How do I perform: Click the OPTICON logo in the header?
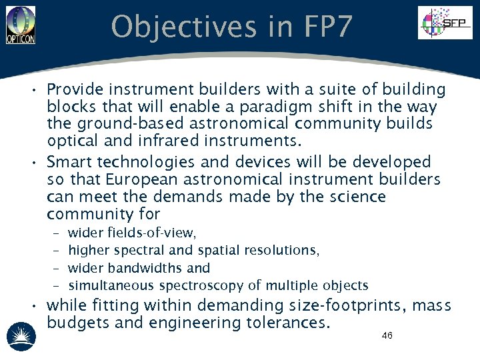pos(21,25)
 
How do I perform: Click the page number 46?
pos(387,335)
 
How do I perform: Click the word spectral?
pos(141,250)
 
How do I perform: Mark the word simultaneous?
pos(111,286)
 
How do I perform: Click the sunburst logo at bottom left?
pos(20,335)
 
